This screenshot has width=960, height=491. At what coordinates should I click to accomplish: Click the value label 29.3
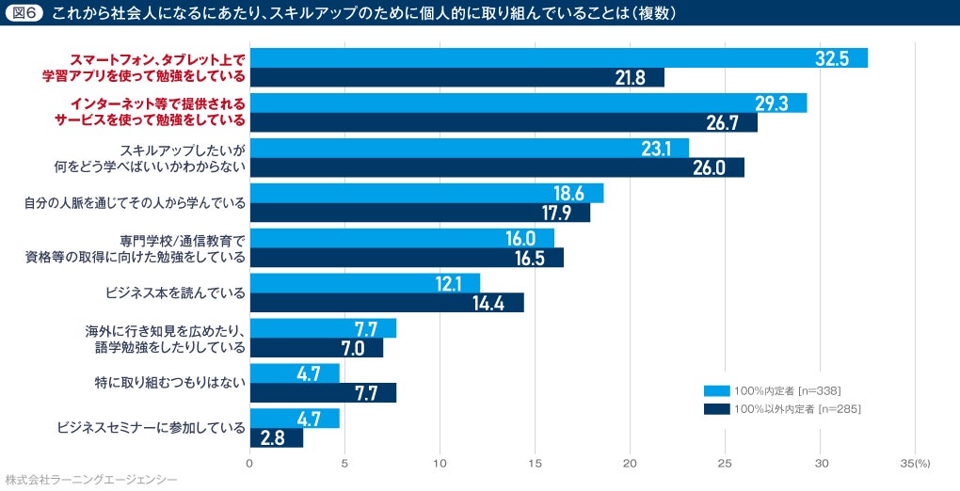coord(771,103)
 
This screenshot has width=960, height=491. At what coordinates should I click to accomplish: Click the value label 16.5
coord(530,258)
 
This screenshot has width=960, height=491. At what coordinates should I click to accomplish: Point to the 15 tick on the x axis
coord(536,464)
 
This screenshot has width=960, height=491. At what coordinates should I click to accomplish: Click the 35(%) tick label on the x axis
coord(914,464)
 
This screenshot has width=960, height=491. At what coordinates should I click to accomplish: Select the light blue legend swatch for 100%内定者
coord(716,390)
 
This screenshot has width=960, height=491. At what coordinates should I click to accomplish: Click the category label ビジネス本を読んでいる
coord(175,293)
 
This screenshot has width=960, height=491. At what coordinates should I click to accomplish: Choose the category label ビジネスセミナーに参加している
coord(151,428)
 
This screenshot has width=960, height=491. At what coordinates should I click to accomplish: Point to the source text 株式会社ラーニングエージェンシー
coord(90,480)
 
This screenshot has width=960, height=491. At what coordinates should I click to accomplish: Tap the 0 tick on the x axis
coord(249,464)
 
